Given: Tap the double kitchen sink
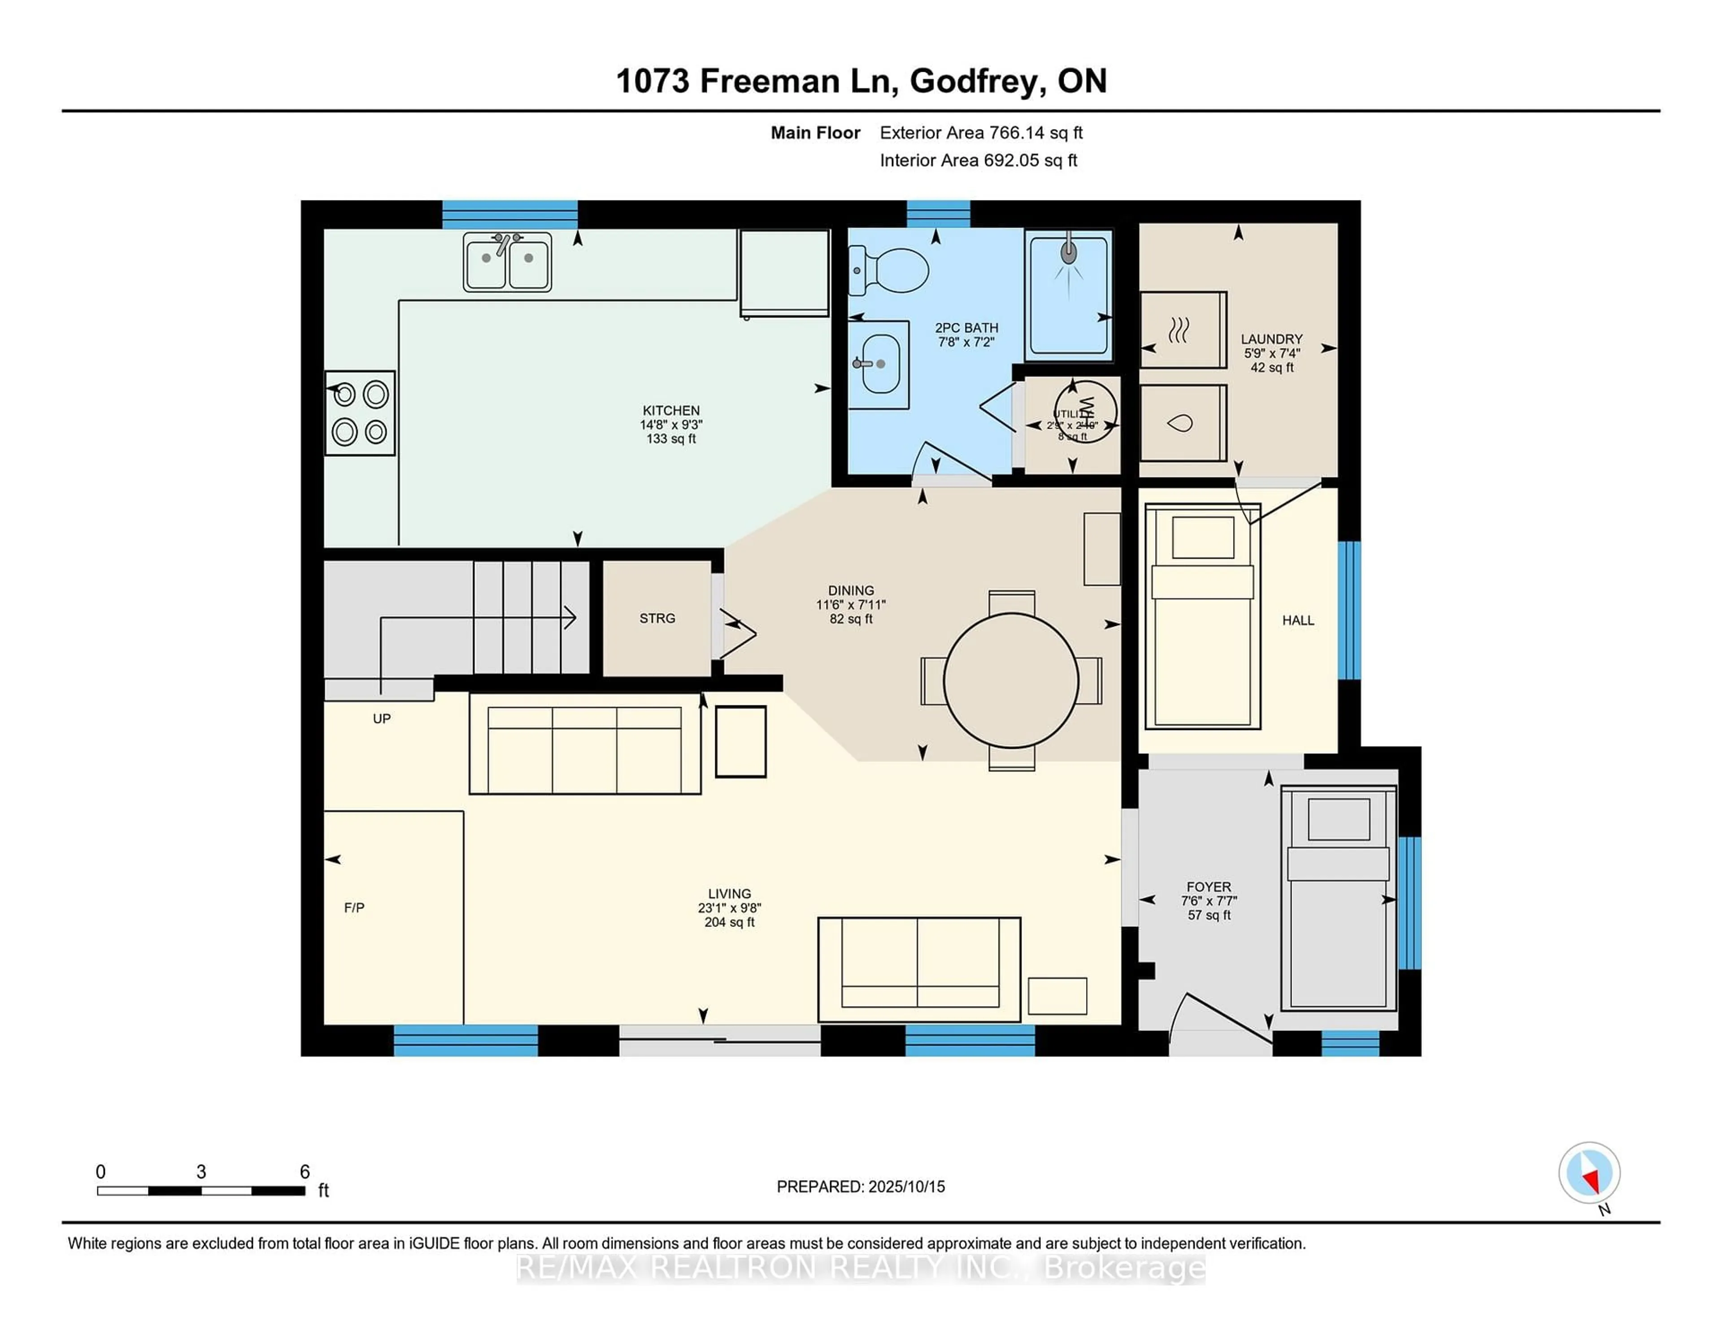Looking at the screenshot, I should coord(507,262).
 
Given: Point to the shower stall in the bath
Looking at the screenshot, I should coord(1068,296).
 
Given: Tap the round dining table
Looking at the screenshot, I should coord(1011,680).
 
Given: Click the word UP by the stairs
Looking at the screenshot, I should coord(382,719).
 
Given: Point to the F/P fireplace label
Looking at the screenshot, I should coord(354,908).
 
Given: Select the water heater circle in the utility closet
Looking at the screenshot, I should coord(1086,411).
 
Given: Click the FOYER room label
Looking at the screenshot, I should coord(1208,887).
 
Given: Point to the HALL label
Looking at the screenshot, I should coord(1298,621).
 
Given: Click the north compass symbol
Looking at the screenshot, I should coord(1589,1173).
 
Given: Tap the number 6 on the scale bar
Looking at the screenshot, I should coord(304,1172).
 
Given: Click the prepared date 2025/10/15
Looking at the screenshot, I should coord(905,1187).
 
